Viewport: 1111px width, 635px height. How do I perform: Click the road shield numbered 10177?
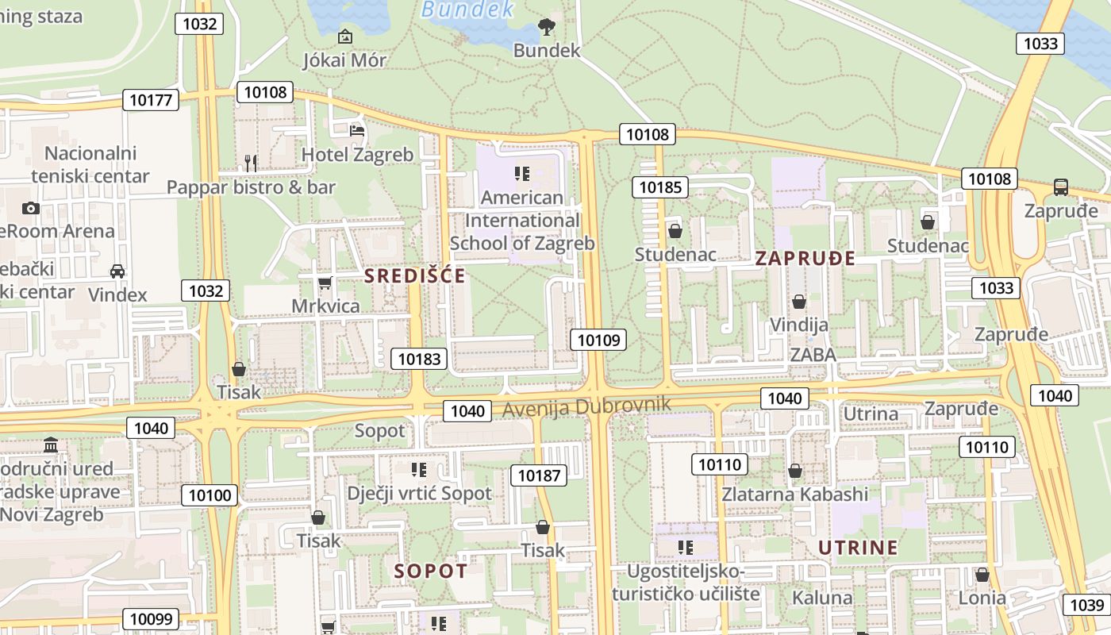(151, 99)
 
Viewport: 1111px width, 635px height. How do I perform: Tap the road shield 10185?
(659, 187)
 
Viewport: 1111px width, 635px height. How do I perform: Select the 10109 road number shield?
(598, 341)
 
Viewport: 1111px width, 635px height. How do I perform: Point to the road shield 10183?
(419, 359)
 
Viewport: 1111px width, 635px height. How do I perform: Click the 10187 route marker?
(538, 475)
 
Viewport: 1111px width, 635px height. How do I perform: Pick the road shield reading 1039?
(1086, 605)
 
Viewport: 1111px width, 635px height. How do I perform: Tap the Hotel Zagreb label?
(358, 155)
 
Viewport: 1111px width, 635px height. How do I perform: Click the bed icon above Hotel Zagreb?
(358, 130)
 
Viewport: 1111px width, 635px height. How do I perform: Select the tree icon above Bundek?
(547, 28)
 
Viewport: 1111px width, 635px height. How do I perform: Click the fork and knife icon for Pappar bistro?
(250, 164)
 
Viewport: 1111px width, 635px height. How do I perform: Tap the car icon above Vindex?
(117, 271)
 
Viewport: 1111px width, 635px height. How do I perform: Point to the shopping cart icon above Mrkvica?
(325, 283)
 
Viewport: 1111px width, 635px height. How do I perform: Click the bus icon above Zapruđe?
(1061, 187)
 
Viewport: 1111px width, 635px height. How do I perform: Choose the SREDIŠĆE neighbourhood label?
(415, 276)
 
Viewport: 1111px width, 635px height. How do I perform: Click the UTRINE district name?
(858, 548)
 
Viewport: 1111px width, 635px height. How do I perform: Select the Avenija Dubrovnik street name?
(586, 406)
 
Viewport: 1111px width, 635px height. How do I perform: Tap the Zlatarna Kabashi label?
(794, 494)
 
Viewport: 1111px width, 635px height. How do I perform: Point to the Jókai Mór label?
(345, 60)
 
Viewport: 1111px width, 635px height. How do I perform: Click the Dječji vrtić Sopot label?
(419, 493)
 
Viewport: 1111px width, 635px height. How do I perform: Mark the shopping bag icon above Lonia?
(982, 575)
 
